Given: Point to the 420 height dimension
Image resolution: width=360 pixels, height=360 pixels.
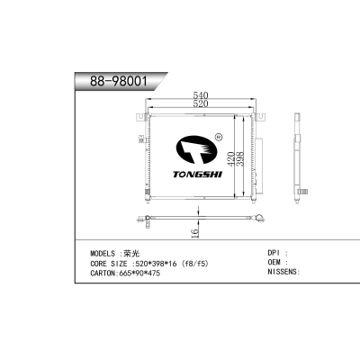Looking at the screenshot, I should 229,158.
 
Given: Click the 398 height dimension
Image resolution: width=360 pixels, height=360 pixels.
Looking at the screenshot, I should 239,158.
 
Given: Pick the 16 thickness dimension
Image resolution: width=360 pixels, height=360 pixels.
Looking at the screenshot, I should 194,233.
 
